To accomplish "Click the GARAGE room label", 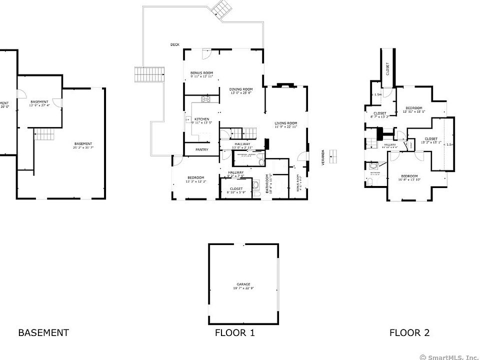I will pyautogui.click(x=243, y=284).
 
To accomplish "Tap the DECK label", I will pyautogui.click(x=175, y=44).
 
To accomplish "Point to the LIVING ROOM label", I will pyautogui.click(x=286, y=123).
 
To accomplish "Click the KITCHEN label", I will pyautogui.click(x=201, y=119).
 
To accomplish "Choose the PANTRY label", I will pyautogui.click(x=202, y=149).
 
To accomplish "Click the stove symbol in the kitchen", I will pyautogui.click(x=205, y=98).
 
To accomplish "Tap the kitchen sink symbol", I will pyautogui.click(x=188, y=120).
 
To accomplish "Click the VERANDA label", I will pyautogui.click(x=323, y=156).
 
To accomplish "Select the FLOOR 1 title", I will pyautogui.click(x=234, y=332).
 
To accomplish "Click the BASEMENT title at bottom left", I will pyautogui.click(x=43, y=332).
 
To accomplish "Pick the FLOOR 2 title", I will pyautogui.click(x=409, y=332).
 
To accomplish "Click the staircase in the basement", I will pyautogui.click(x=43, y=134).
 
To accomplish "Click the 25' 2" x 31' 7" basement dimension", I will pyautogui.click(x=83, y=147).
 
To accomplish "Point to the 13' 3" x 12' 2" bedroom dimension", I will pyautogui.click(x=195, y=181).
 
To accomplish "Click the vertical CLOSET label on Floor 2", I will pyautogui.click(x=388, y=69).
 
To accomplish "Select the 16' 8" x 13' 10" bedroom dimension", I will pyautogui.click(x=409, y=179).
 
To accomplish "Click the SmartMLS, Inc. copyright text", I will pyautogui.click(x=448, y=356).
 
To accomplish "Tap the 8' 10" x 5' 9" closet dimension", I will pyautogui.click(x=236, y=192).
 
